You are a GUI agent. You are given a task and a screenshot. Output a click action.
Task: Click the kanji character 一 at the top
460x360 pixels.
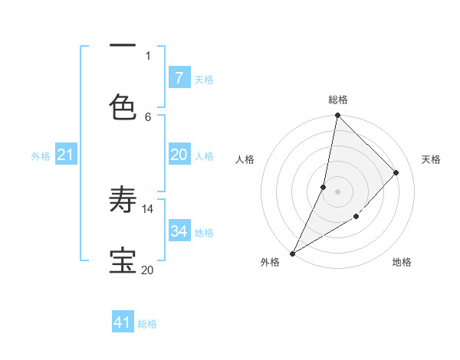(123, 47)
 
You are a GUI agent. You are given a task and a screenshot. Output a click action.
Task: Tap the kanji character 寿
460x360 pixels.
(123, 201)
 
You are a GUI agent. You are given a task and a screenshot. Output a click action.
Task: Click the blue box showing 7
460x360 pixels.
(179, 77)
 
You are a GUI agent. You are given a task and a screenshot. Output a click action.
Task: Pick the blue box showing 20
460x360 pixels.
(179, 155)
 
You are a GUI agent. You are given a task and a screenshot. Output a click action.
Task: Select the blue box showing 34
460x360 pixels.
(179, 231)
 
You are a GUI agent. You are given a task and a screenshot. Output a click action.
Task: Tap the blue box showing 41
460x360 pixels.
(123, 322)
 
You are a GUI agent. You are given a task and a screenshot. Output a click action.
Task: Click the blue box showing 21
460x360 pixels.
(65, 155)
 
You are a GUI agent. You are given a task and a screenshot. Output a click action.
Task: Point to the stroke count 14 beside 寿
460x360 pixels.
(148, 208)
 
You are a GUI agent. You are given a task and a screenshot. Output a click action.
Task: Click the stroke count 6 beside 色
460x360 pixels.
(148, 116)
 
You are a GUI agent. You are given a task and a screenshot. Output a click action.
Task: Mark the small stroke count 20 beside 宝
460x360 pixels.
(147, 270)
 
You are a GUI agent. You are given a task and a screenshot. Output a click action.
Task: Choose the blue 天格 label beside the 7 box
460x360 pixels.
(204, 79)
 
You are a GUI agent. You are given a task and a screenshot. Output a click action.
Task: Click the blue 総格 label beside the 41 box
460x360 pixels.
(147, 324)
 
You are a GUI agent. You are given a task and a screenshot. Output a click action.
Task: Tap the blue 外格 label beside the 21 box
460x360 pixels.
(41, 156)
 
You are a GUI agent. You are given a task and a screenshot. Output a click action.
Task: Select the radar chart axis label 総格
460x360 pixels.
(337, 100)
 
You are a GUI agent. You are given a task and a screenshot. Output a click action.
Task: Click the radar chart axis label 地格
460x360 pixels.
(402, 262)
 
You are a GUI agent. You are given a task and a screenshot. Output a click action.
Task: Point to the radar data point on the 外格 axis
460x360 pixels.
(292, 254)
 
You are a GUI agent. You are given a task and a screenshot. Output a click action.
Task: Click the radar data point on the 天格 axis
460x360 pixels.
(396, 172)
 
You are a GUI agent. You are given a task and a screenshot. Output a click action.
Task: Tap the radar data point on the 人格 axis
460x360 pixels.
(324, 187)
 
